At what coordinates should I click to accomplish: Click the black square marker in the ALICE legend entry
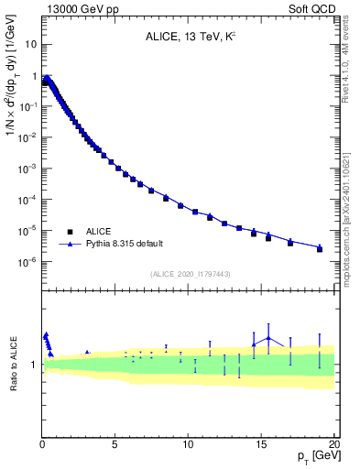tap(70, 232)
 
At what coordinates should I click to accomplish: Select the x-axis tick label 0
tap(42, 442)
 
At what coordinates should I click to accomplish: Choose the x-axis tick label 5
tap(115, 442)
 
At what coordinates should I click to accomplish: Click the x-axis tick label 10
tap(188, 442)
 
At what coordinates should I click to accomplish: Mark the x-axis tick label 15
tap(261, 442)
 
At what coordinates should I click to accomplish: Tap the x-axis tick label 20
tap(333, 442)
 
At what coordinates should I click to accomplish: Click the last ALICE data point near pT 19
tap(320, 248)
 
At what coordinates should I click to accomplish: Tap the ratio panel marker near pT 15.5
tap(268, 338)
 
